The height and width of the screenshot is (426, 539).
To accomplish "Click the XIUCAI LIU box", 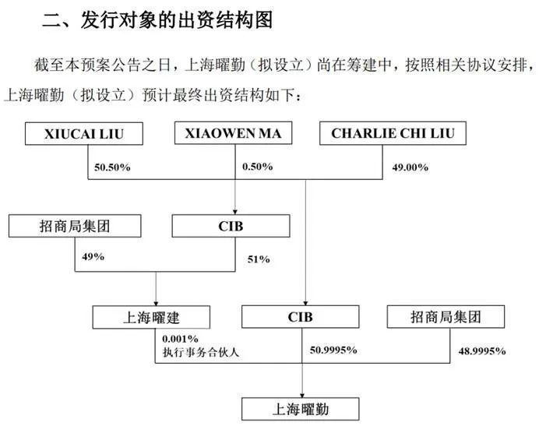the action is tap(84, 133).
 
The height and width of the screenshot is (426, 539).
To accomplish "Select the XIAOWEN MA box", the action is tap(233, 132).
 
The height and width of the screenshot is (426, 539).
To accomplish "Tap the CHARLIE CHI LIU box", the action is tap(393, 133).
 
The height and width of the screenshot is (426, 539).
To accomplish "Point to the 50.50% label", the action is tap(112, 167).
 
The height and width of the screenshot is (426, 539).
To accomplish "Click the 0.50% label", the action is tap(258, 167).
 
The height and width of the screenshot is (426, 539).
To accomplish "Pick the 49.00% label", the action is tap(410, 167).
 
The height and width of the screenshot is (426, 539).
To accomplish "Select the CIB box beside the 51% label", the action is tap(231, 226).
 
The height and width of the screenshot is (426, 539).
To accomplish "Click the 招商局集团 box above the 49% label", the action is tap(75, 226).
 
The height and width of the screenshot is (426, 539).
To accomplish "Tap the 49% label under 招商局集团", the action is tap(93, 256).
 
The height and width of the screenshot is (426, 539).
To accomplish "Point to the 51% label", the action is tap(259, 259).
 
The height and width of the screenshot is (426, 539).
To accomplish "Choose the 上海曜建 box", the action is tap(151, 317).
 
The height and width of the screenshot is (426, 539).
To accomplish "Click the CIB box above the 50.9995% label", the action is tap(301, 317).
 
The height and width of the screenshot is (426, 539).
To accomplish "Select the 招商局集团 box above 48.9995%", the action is tap(446, 317).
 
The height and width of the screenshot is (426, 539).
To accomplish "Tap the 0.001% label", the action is tap(180, 339).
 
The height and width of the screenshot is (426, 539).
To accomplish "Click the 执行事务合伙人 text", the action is tap(201, 353).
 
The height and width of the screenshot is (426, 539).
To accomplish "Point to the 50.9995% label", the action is tap(333, 350).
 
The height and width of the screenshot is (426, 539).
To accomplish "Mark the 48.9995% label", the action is tap(482, 351).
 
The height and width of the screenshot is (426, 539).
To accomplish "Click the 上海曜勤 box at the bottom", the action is tap(301, 409).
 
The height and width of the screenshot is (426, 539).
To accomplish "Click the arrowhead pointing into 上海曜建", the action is tap(156, 303).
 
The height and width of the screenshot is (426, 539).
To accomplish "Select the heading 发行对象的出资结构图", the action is tap(177, 19).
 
